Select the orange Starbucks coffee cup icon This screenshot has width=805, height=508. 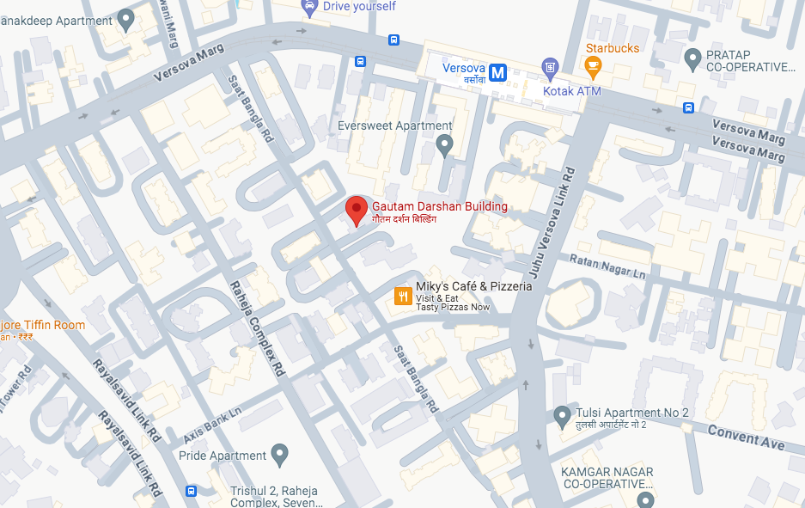[592, 65]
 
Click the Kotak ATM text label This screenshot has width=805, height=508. [571, 90]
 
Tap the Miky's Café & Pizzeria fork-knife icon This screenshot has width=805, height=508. [401, 297]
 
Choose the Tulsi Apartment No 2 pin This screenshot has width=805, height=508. [562, 416]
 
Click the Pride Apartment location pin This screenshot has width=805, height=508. [278, 452]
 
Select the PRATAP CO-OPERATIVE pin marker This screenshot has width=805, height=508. [692, 58]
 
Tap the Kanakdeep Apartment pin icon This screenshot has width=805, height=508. [126, 18]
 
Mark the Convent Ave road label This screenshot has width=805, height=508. [746, 437]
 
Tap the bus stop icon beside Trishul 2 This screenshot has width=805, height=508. [191, 492]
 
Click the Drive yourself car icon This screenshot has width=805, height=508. [309, 7]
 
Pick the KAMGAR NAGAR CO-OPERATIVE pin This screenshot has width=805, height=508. [645, 499]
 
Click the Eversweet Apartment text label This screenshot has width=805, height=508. [382, 125]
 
